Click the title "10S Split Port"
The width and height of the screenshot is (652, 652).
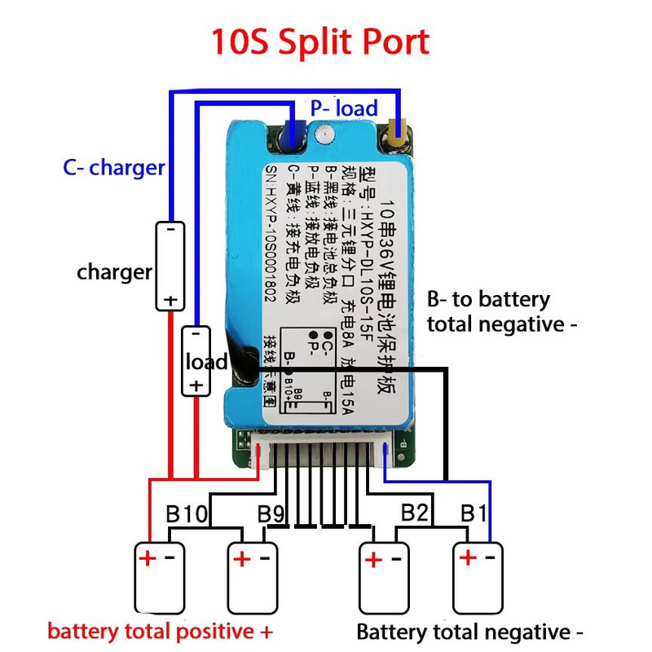pyautogui.click(x=320, y=42)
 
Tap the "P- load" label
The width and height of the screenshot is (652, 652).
pyautogui.click(x=344, y=108)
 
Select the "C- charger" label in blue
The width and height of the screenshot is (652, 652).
pyautogui.click(x=114, y=168)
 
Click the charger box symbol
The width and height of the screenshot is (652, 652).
pyautogui.click(x=170, y=266)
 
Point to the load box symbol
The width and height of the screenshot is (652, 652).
pyautogui.click(x=196, y=361)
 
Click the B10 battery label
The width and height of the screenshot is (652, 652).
pyautogui.click(x=186, y=515)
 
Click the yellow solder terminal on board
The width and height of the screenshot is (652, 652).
pyautogui.click(x=399, y=132)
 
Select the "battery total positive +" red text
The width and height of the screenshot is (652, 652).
pyautogui.click(x=160, y=632)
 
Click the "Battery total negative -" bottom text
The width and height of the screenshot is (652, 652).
pyautogui.click(x=470, y=632)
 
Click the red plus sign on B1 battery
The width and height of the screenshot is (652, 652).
pyautogui.click(x=468, y=558)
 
